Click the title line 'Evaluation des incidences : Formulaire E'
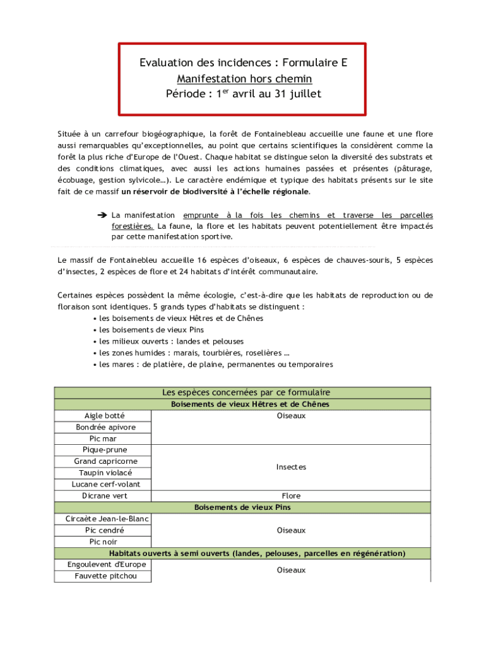click(244, 63)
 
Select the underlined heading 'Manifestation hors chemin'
click(244, 79)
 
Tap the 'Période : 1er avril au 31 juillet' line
click(244, 94)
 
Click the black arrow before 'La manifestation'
click(102, 215)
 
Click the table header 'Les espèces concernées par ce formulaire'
click(242, 392)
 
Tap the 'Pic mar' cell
click(103, 438)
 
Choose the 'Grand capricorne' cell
click(103, 461)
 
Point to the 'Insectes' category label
click(291, 467)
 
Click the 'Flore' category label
click(291, 496)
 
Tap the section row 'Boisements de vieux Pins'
click(242, 507)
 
